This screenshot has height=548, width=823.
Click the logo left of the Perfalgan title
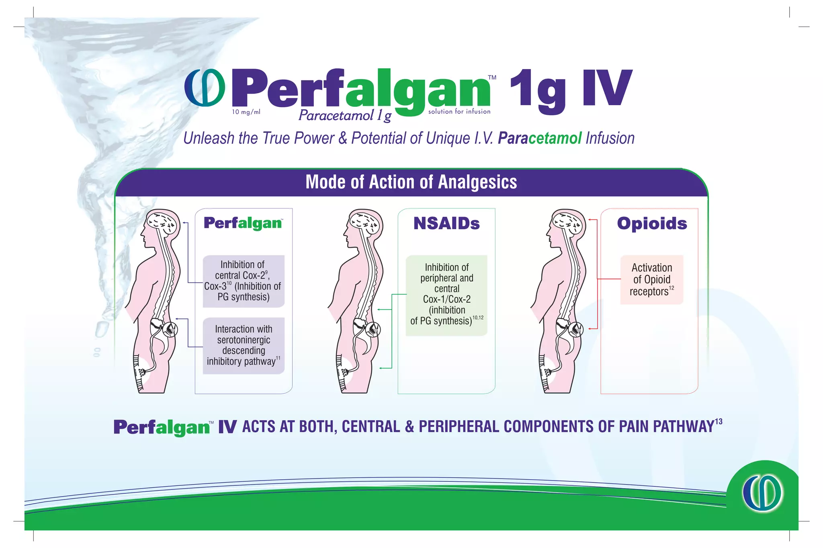click(x=205, y=88)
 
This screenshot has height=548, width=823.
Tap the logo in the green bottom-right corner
click(x=762, y=493)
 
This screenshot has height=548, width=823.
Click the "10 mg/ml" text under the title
click(x=246, y=112)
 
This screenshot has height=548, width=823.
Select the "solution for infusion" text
click(x=459, y=112)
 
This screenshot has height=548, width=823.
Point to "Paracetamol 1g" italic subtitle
click(x=345, y=116)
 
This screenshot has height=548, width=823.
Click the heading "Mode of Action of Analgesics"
click(x=411, y=182)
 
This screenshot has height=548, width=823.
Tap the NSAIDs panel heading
click(x=446, y=224)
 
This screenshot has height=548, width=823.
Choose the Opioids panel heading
click(x=652, y=224)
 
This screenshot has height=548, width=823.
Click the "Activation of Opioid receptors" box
click(x=651, y=279)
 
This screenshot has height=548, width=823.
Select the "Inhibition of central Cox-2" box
click(x=244, y=281)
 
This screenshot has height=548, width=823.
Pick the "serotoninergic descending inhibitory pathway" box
click(x=244, y=346)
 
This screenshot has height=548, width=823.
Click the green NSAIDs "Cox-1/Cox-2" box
click(x=446, y=295)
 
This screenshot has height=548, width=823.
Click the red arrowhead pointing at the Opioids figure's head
click(x=590, y=220)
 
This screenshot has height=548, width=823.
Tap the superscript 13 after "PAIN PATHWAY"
click(x=719, y=422)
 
